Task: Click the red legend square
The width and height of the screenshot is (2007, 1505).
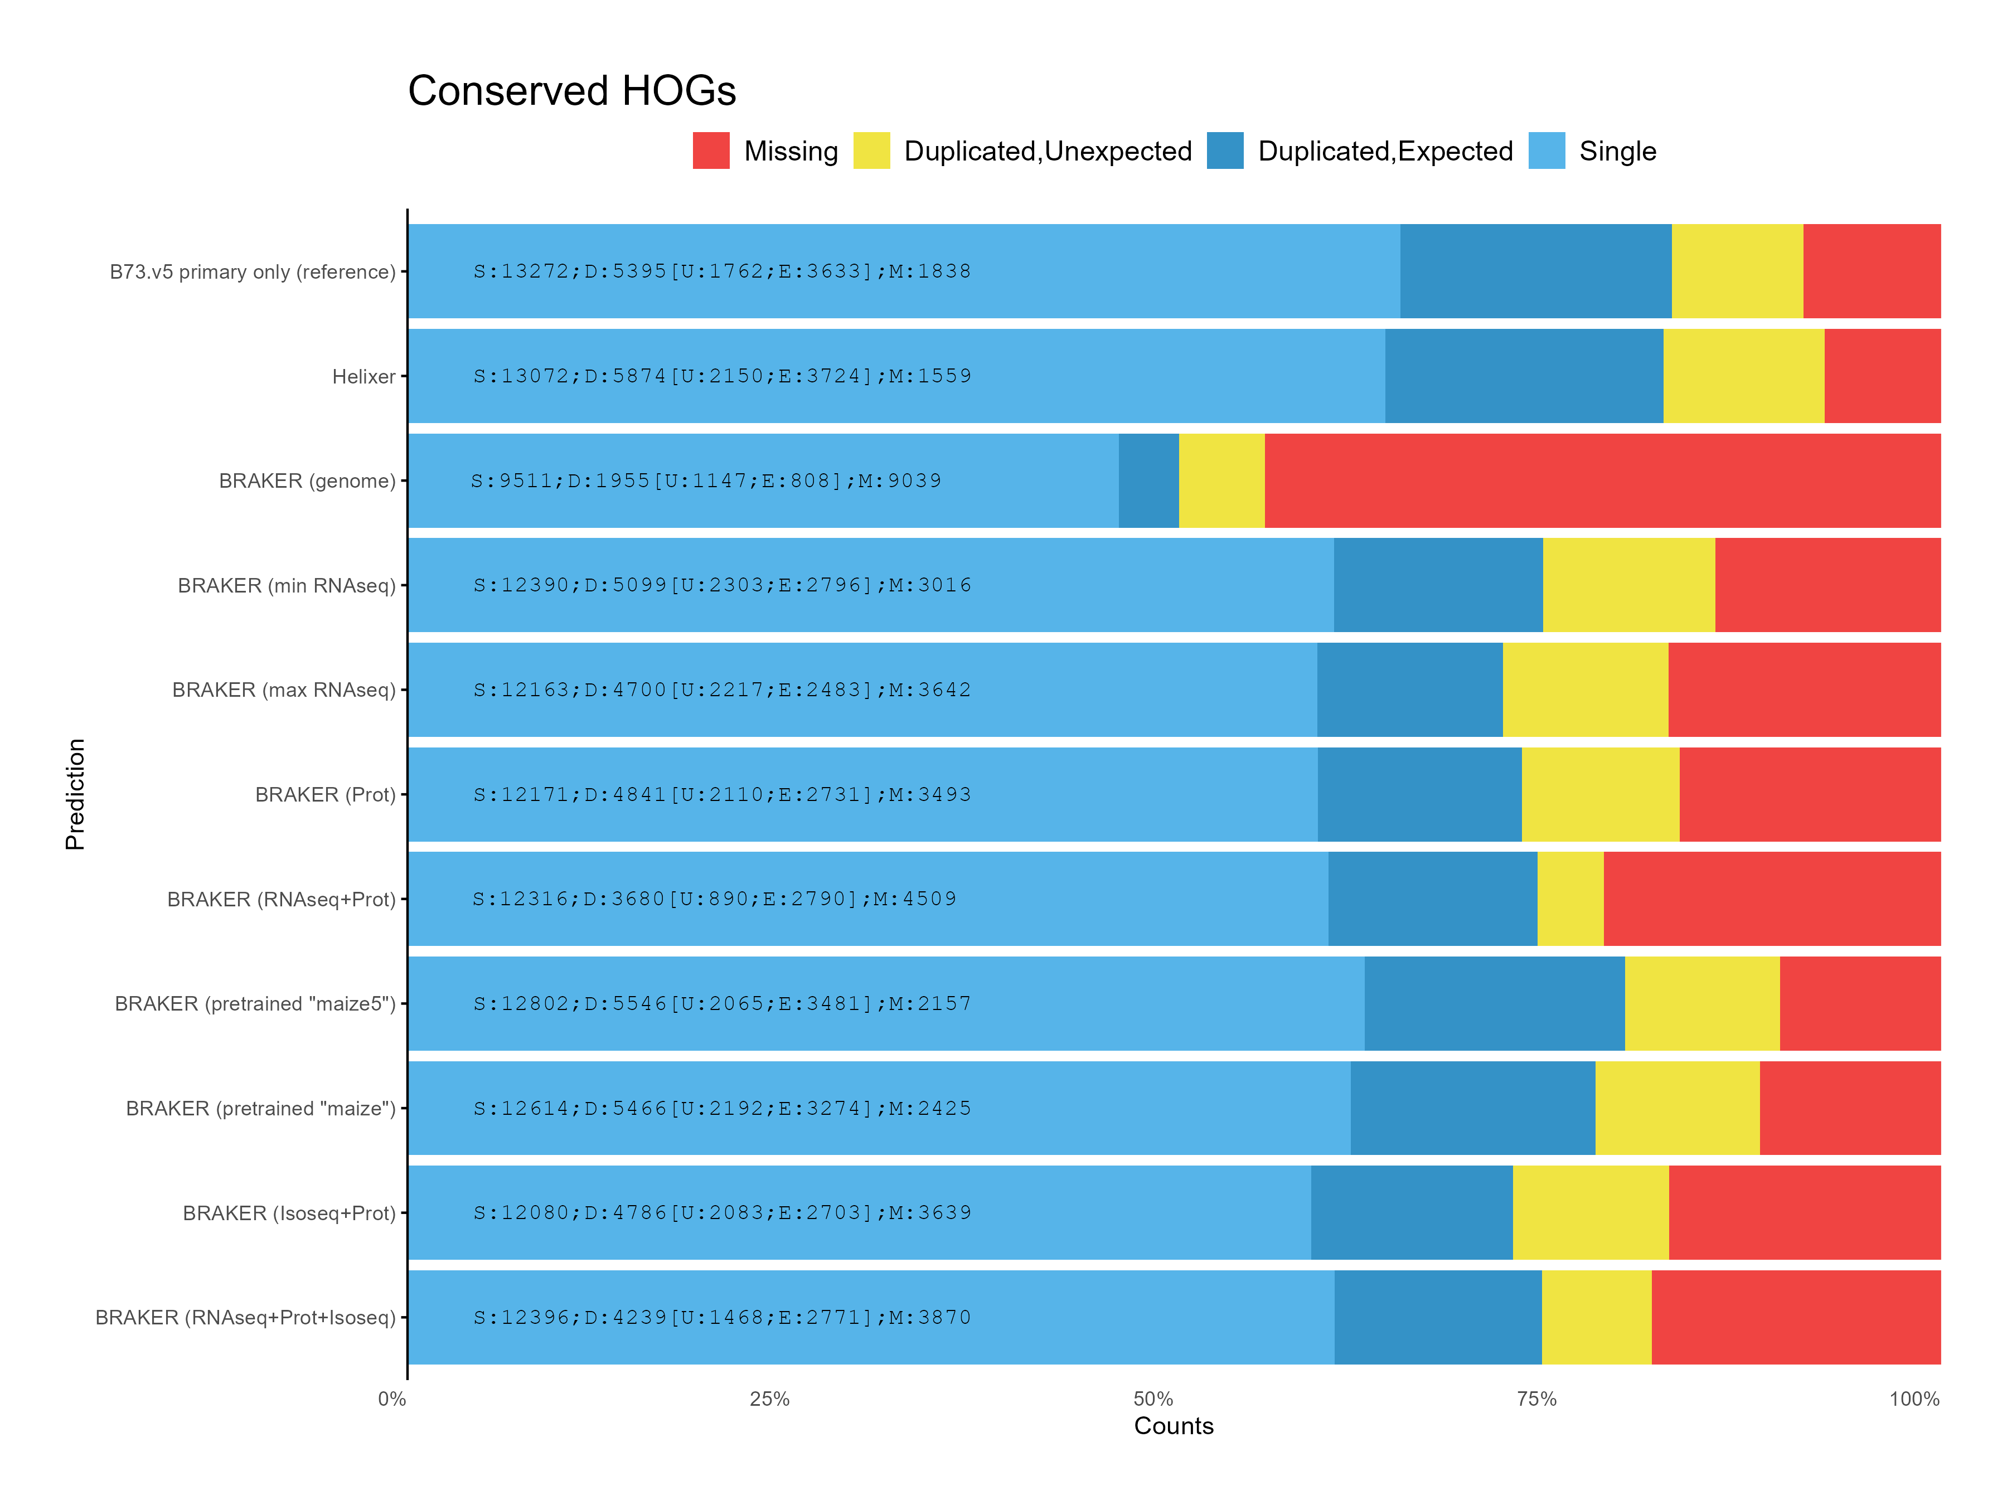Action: (x=710, y=151)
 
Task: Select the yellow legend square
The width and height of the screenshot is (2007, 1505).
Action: (x=871, y=151)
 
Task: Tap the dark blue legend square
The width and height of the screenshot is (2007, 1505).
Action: (x=1225, y=151)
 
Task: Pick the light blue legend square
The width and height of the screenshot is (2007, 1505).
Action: (x=1546, y=151)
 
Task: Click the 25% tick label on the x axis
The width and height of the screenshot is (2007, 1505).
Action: (x=769, y=1399)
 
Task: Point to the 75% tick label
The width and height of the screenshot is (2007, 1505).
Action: (x=1536, y=1399)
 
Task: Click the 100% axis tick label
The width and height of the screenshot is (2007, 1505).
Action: (x=1913, y=1399)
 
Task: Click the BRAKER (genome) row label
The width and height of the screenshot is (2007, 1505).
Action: (x=307, y=481)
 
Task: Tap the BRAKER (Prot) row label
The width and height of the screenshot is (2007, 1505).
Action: (x=325, y=795)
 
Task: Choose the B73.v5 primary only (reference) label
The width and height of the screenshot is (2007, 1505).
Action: (x=252, y=272)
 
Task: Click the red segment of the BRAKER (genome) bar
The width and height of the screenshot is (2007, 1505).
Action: (x=1602, y=481)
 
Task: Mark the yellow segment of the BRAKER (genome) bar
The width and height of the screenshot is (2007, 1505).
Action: (x=1221, y=481)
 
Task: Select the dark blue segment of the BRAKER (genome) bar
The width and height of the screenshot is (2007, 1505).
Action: (x=1148, y=481)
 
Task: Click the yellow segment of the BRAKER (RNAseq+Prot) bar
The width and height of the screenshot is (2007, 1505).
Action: (x=1570, y=899)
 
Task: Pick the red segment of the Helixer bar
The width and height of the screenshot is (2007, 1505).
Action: (x=1882, y=376)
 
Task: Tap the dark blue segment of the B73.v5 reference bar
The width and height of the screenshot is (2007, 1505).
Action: (x=1535, y=271)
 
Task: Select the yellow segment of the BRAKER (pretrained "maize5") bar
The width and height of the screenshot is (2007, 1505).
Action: (x=1702, y=1003)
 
